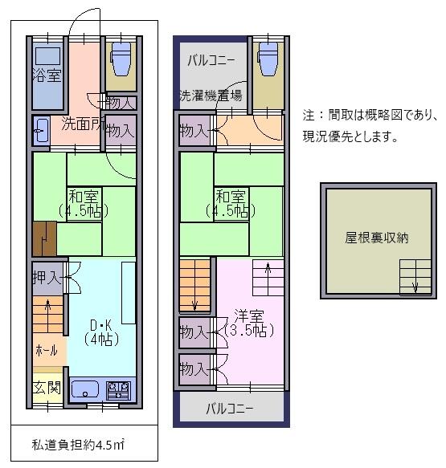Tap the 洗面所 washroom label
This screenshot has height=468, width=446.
tap(80, 124)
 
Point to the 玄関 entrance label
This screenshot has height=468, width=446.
tap(47, 389)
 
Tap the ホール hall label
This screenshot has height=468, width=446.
tap(46, 351)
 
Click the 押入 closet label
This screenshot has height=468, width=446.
tap(47, 279)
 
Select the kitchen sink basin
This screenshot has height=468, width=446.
tap(85, 390)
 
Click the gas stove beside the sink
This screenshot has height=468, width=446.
tap(119, 390)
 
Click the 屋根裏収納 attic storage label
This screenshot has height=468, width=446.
tap(377, 238)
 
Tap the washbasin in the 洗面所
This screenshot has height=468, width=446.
tap(42, 132)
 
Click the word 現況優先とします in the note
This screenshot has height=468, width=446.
tap(350, 136)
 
